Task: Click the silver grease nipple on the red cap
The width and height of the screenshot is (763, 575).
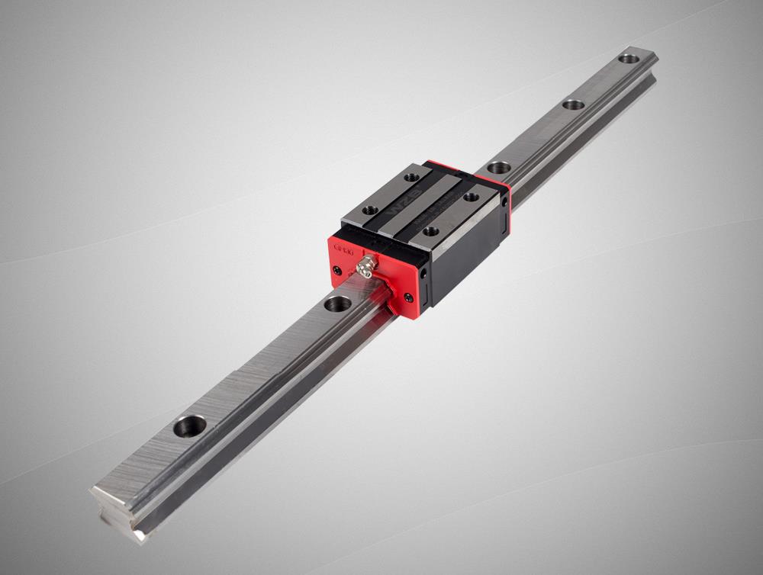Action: [366, 266]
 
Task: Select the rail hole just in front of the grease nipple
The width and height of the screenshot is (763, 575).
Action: [337, 304]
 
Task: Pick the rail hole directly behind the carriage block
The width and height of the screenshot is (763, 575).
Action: [498, 167]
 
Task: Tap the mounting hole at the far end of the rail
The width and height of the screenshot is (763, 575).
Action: [629, 58]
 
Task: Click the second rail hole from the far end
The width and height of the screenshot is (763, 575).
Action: [574, 104]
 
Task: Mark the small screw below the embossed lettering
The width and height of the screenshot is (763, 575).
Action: [336, 269]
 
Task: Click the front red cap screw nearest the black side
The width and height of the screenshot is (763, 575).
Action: [409, 297]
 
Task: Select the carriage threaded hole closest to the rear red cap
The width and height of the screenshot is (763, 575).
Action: [471, 197]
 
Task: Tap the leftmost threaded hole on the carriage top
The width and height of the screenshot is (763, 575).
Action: [370, 210]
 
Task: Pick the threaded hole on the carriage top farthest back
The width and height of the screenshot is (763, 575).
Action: [412, 177]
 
